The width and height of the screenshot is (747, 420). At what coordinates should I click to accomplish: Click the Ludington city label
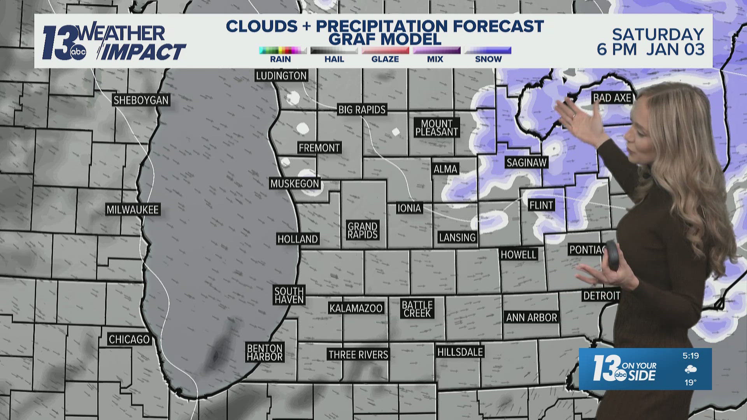[281, 75]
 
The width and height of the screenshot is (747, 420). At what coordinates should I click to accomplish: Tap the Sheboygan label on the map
[141, 100]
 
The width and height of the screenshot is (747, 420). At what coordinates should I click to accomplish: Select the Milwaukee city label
[133, 210]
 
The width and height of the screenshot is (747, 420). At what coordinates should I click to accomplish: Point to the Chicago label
[129, 339]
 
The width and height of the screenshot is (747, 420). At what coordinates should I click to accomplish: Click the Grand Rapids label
[363, 230]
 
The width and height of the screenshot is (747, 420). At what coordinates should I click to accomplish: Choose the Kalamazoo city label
[356, 308]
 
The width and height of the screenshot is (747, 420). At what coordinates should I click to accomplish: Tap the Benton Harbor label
[265, 353]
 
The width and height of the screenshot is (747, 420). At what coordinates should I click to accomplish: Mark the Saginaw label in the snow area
[526, 163]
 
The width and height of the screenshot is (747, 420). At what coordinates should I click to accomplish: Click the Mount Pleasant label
[437, 128]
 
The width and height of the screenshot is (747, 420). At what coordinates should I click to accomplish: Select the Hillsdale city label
[460, 352]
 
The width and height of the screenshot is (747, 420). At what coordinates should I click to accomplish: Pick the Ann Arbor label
[531, 317]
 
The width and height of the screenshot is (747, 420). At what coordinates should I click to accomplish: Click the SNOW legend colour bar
[488, 50]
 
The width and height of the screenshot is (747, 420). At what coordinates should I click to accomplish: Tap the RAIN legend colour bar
[282, 50]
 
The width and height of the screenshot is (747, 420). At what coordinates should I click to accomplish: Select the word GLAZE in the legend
[385, 59]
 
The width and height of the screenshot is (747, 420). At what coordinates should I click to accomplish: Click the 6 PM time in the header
[617, 50]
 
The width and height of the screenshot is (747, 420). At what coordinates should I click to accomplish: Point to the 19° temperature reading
[691, 382]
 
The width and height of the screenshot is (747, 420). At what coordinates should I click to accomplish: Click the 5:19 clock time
[691, 355]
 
